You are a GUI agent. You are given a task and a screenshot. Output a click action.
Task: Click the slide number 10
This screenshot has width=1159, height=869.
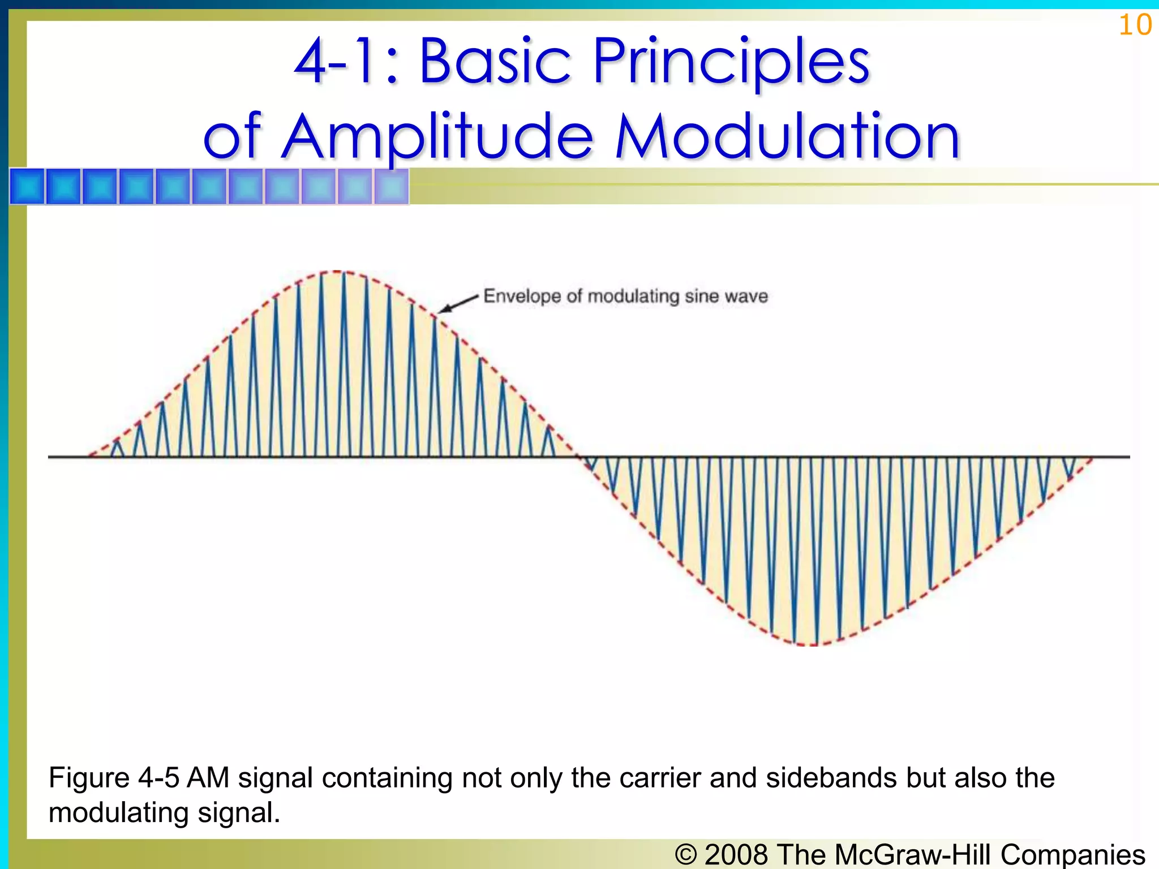click(x=1135, y=25)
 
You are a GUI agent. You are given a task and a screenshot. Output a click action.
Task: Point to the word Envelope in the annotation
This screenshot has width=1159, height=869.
click(x=522, y=296)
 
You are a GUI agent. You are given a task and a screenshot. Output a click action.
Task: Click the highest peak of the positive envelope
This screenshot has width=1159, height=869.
click(x=336, y=272)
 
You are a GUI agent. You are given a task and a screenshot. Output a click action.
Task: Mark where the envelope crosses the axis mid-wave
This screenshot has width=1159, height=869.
click(x=578, y=456)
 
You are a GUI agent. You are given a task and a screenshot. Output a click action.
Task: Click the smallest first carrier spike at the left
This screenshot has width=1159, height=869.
click(x=117, y=448)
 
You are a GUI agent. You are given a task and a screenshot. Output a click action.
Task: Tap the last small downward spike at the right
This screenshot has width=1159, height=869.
click(x=1068, y=468)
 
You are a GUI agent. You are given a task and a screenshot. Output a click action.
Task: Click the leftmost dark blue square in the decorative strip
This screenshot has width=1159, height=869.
click(x=27, y=186)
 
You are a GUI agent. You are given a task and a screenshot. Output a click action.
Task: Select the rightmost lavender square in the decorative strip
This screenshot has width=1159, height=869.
click(x=391, y=186)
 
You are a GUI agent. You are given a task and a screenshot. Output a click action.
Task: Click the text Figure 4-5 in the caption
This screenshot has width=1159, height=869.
click(x=113, y=778)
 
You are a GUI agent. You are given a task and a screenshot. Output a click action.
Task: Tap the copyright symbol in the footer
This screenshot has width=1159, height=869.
click(x=685, y=854)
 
